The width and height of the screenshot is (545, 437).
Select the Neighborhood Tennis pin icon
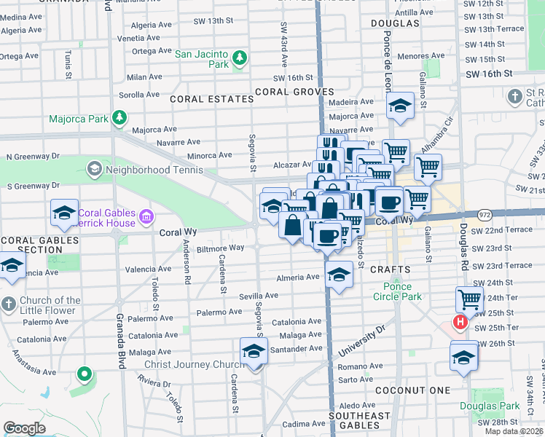pyautogui.click(x=94, y=170)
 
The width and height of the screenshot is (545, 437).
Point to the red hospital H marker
pyautogui.click(x=460, y=321)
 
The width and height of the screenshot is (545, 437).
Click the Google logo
pyautogui.click(x=24, y=428)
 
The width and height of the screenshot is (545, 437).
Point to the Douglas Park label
pyautogui.click(x=482, y=406)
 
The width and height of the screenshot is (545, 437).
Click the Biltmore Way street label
pyautogui.click(x=224, y=248)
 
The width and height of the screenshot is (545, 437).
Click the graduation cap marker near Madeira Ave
pyautogui.click(x=400, y=106)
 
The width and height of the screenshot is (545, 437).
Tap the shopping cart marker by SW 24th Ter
pyautogui.click(x=469, y=299)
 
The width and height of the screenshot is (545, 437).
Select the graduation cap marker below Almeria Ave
pyautogui.click(x=338, y=275)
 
